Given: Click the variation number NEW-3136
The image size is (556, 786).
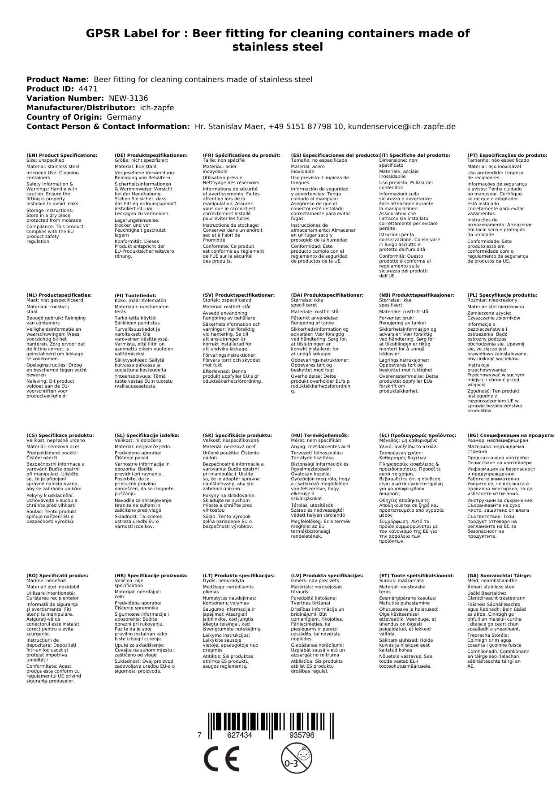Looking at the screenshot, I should [128, 98].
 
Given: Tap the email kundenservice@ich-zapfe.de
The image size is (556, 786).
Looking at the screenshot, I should [401, 126].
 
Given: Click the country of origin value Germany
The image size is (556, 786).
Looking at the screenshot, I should [124, 117].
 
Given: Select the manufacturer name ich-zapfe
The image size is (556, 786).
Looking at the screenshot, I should [157, 108].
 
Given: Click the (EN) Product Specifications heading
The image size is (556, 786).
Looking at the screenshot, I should [62, 155].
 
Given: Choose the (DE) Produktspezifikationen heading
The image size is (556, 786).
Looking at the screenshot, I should [151, 155].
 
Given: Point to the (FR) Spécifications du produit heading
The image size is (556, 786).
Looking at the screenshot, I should [241, 155].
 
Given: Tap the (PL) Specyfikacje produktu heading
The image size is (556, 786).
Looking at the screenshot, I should [502, 295].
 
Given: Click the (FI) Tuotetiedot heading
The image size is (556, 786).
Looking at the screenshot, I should [136, 295].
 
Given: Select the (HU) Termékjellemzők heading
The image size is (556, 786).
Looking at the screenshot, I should [319, 435].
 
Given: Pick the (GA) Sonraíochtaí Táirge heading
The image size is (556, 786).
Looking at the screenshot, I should [499, 575].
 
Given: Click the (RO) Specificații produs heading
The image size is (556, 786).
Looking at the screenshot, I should [57, 575].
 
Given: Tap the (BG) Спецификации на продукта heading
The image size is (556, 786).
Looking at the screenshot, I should [511, 435].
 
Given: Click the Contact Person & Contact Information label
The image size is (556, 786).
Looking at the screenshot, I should [108, 126].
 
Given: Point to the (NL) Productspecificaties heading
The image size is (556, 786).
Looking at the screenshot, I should [59, 295].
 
